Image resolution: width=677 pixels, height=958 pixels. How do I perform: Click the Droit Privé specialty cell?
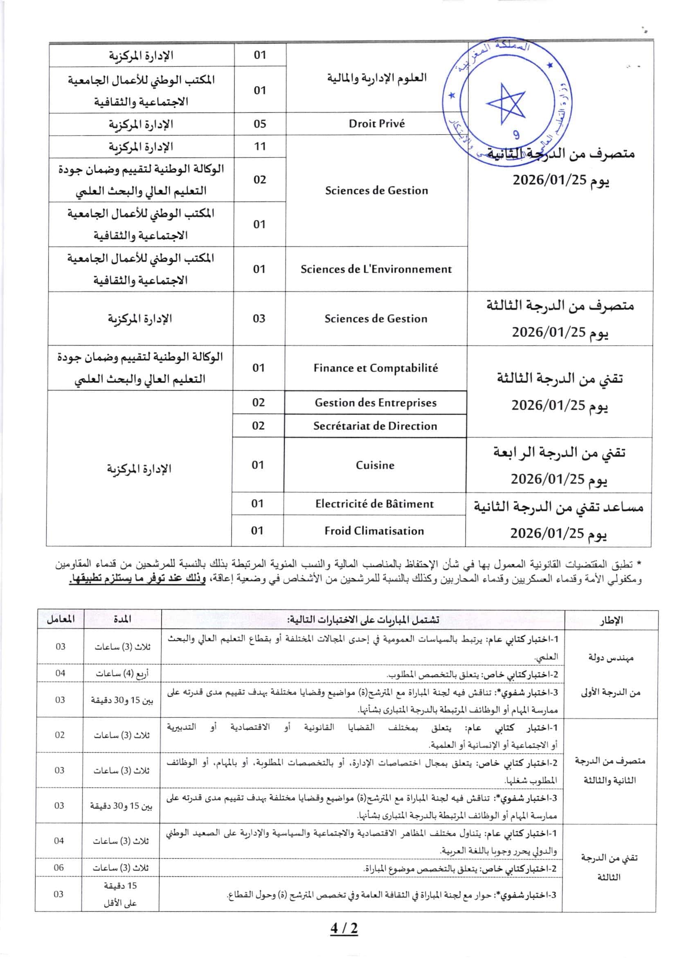pyautogui.click(x=376, y=124)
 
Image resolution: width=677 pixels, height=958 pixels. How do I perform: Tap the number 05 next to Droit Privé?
pyautogui.click(x=260, y=124)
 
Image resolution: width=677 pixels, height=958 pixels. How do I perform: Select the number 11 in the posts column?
pyautogui.click(x=260, y=147)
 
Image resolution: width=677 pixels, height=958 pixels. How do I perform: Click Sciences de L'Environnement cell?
pyautogui.click(x=376, y=269)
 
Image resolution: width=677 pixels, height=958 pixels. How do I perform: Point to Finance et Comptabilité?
pyautogui.click(x=376, y=368)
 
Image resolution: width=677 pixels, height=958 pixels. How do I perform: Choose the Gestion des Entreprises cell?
pyautogui.click(x=375, y=402)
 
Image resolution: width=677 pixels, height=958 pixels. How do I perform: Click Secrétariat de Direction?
pyautogui.click(x=375, y=426)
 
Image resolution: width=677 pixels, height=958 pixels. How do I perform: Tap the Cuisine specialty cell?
pyautogui.click(x=375, y=465)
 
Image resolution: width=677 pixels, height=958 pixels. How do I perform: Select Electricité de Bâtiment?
pyautogui.click(x=374, y=504)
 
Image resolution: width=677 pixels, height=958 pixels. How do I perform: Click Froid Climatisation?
pyautogui.click(x=374, y=531)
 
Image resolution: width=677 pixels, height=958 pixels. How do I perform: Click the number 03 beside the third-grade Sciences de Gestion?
pyautogui.click(x=259, y=319)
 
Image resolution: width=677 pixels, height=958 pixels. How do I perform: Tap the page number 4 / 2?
pyautogui.click(x=344, y=929)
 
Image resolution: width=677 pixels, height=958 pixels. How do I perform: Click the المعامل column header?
pyautogui.click(x=61, y=619)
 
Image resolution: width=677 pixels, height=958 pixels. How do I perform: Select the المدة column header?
pyautogui.click(x=122, y=619)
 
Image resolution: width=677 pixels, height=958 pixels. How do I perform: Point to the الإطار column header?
pyautogui.click(x=611, y=620)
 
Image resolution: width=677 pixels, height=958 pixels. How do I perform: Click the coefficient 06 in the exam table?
pyautogui.click(x=59, y=868)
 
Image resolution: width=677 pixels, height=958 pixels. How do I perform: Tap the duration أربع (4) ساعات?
pyautogui.click(x=122, y=673)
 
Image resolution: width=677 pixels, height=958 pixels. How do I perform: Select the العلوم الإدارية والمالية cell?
pyautogui.click(x=376, y=78)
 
